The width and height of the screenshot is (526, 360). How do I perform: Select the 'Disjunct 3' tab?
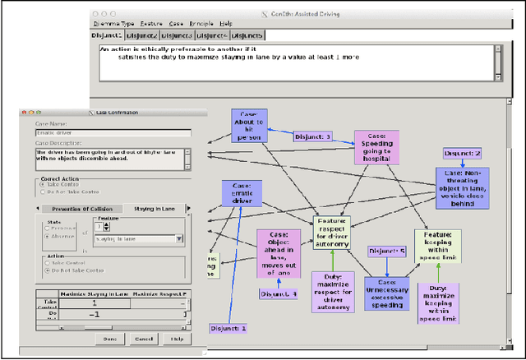click(177, 36)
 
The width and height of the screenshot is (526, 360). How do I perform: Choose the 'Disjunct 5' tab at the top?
click(247, 36)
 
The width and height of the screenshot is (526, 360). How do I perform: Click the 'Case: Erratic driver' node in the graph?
click(242, 193)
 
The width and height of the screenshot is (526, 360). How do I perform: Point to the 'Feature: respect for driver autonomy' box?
click(331, 233)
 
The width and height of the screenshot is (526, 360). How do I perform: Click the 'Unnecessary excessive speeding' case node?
click(386, 293)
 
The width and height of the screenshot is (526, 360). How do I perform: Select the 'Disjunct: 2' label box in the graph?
click(462, 154)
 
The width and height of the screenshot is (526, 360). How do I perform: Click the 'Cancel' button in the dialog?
click(144, 339)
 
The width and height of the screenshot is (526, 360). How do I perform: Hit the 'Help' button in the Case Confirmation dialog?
click(177, 339)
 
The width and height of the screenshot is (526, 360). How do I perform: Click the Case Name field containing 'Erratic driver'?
click(113, 132)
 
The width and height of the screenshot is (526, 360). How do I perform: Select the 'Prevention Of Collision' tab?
click(87, 209)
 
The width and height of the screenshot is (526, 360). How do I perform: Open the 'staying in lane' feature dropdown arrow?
click(179, 239)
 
